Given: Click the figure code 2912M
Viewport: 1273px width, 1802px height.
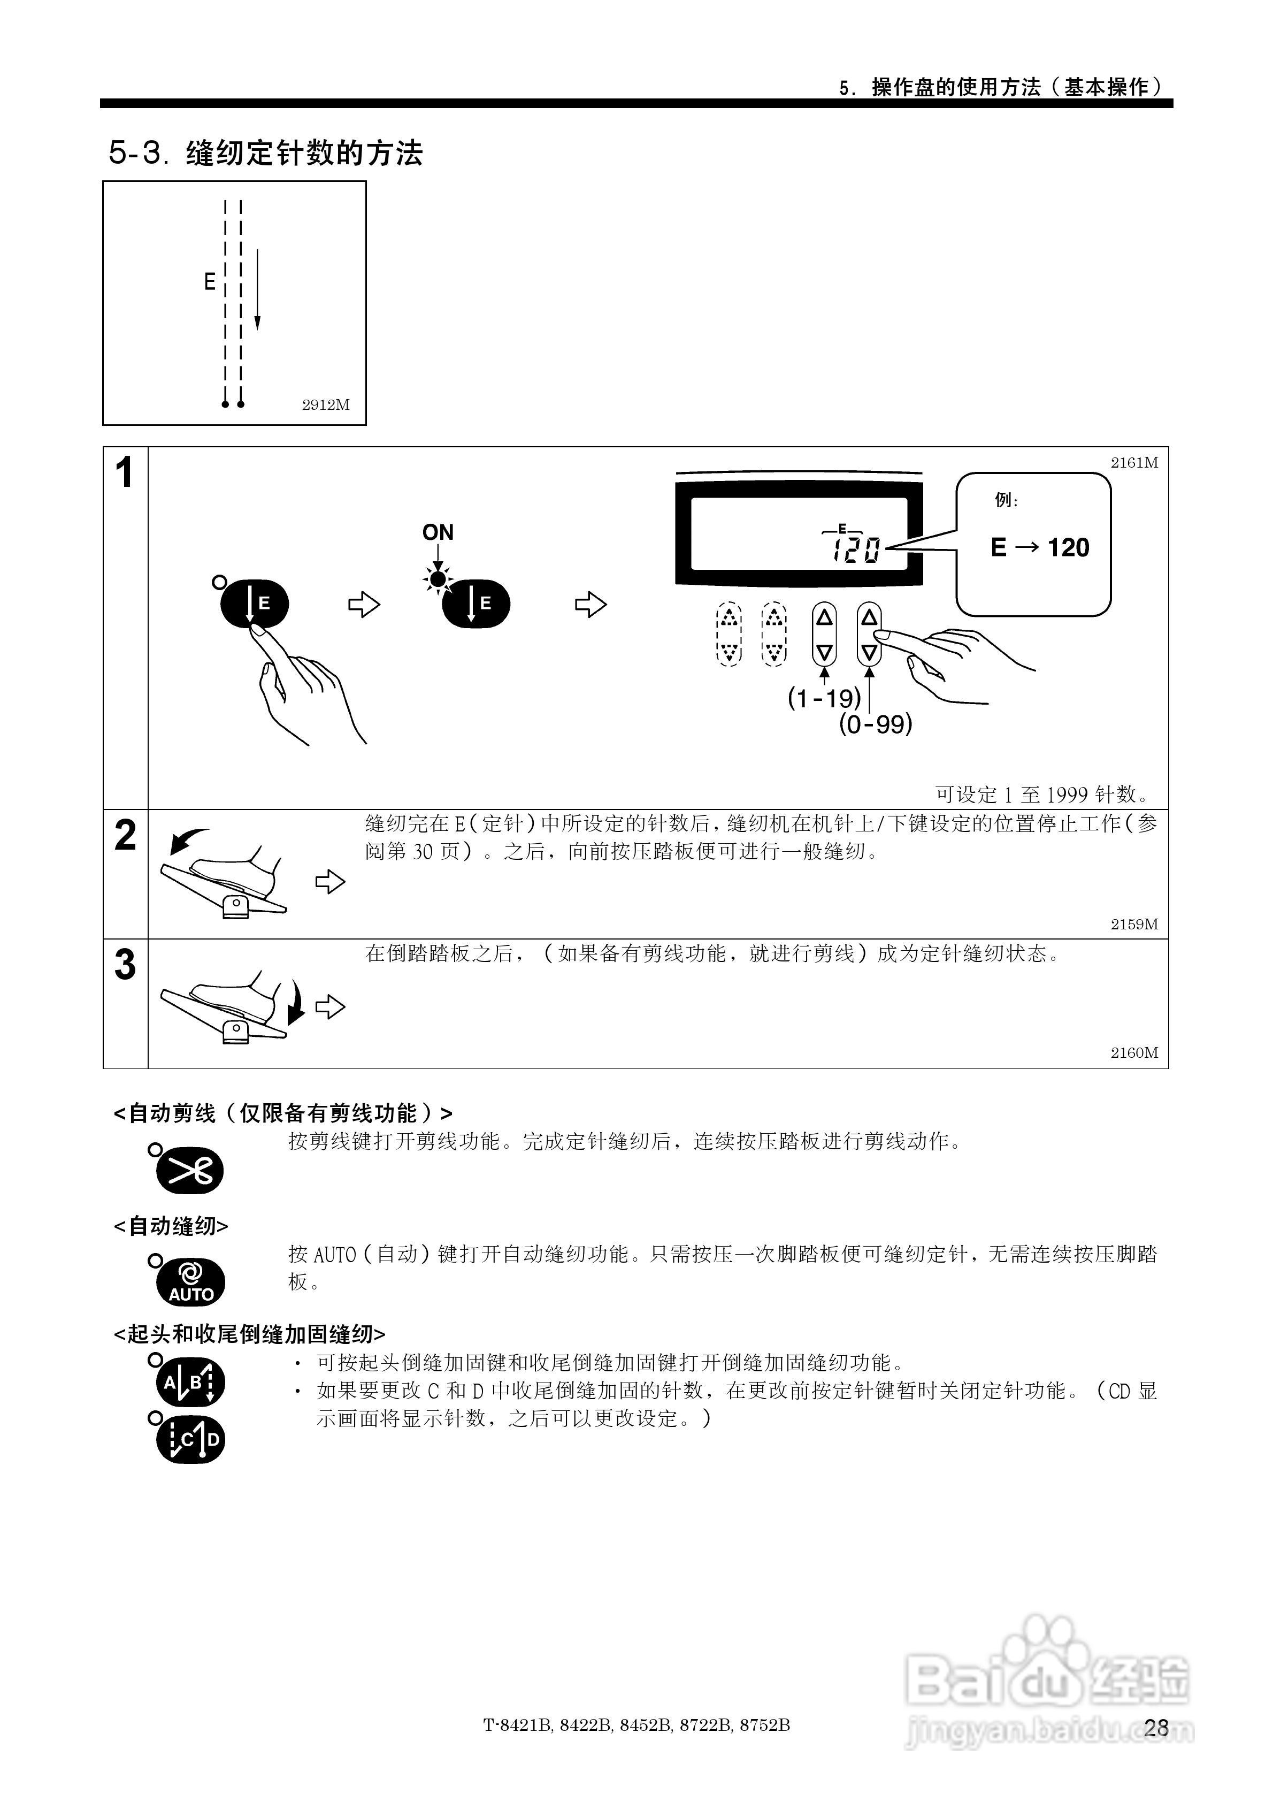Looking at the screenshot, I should click(x=326, y=405).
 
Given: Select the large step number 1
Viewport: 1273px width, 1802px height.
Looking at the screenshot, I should click(x=124, y=474).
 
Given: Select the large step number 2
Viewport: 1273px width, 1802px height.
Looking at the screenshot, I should click(x=126, y=835).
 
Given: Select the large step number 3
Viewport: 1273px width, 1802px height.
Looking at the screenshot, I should click(x=126, y=965).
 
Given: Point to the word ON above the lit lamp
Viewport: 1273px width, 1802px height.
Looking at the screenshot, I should click(x=438, y=533).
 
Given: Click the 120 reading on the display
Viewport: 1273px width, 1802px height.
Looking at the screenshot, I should click(x=857, y=549).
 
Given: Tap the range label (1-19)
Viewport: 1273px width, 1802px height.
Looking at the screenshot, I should click(x=824, y=698).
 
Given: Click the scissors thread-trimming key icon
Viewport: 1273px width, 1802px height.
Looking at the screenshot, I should click(x=190, y=1172).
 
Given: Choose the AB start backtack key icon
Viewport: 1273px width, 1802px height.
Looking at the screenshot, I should click(x=190, y=1384).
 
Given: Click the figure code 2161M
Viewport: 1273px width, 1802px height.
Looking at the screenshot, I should click(x=1134, y=463).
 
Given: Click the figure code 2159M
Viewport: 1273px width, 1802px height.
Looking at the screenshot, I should click(x=1134, y=925).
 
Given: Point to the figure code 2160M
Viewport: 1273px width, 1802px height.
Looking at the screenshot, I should click(x=1134, y=1053).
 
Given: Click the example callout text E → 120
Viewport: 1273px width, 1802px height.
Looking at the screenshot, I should click(x=1040, y=548).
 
